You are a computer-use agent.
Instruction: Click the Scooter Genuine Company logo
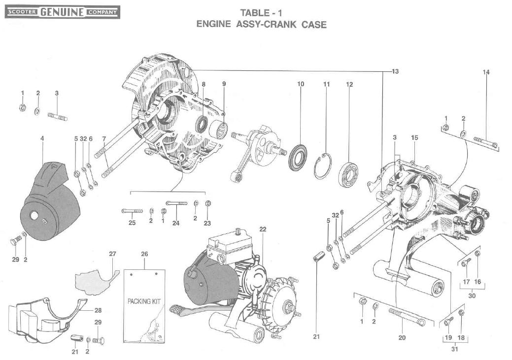pyautogui.click(x=62, y=11)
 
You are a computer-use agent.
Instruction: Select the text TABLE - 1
pyautogui.click(x=261, y=12)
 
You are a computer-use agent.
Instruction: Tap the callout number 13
pyautogui.click(x=395, y=71)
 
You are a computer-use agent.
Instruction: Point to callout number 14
pyautogui.click(x=486, y=72)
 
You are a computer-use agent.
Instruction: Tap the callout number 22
pyautogui.click(x=263, y=229)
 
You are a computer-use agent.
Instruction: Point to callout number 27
pyautogui.click(x=112, y=254)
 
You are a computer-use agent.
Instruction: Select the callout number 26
pyautogui.click(x=144, y=254)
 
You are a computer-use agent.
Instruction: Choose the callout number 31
pyautogui.click(x=454, y=349)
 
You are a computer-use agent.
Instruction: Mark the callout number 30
pyautogui.click(x=472, y=296)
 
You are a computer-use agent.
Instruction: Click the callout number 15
pyautogui.click(x=414, y=138)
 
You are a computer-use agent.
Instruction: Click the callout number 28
pyautogui.click(x=98, y=310)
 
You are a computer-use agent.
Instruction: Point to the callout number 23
pyautogui.click(x=207, y=223)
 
